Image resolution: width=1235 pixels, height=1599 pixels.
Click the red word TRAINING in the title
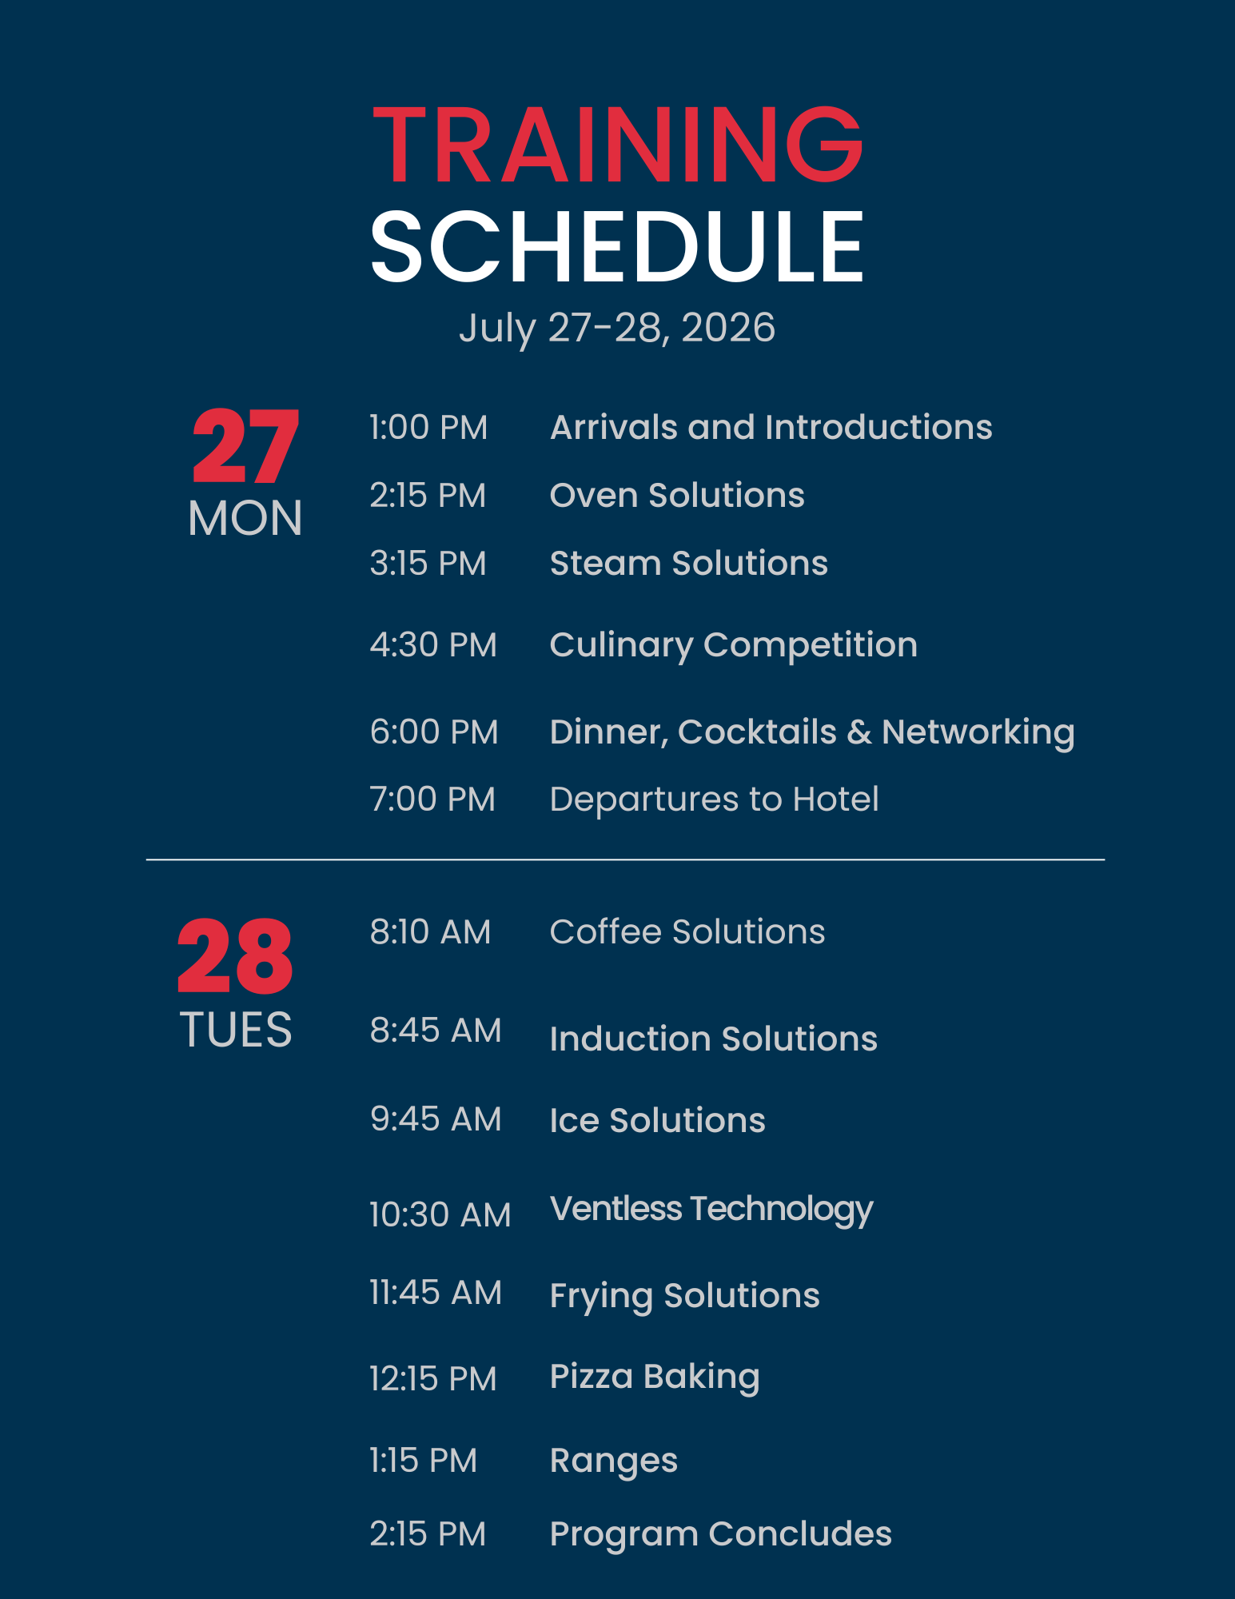click(x=618, y=145)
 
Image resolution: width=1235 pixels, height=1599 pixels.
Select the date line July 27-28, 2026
click(x=617, y=329)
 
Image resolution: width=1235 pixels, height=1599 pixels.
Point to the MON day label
click(x=245, y=518)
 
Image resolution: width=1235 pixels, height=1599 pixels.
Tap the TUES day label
click(x=236, y=1029)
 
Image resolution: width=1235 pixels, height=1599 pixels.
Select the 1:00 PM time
click(x=428, y=428)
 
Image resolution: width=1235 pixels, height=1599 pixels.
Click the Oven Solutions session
click(x=677, y=495)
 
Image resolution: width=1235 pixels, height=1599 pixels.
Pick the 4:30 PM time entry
click(x=433, y=644)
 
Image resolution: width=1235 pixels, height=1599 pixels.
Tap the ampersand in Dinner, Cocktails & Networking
click(x=859, y=732)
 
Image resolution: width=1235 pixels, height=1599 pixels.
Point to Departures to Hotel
click(x=715, y=799)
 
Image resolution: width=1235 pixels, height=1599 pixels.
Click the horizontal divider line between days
click(x=625, y=859)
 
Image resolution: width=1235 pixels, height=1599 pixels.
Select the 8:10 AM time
click(x=430, y=932)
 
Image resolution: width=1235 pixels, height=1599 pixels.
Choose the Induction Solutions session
click(x=714, y=1039)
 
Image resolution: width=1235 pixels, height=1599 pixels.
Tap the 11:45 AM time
click(x=436, y=1293)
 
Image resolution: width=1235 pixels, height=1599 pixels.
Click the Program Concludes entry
click(x=721, y=1535)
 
